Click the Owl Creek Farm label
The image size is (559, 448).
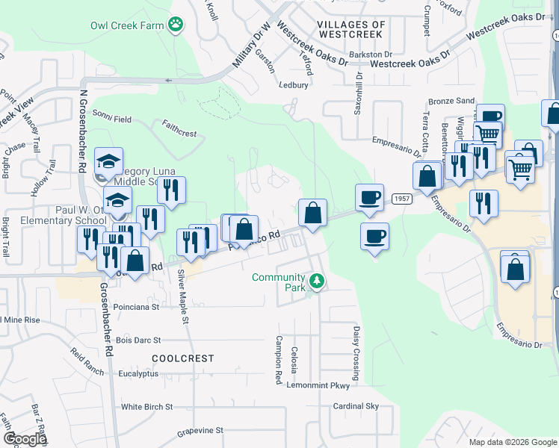[127, 25]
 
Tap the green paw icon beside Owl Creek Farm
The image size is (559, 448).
[176, 25]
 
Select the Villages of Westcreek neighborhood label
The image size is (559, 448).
[351, 29]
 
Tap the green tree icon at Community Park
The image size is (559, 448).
[318, 280]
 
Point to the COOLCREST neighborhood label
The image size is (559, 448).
[183, 358]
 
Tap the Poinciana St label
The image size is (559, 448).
[135, 306]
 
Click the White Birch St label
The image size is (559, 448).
[147, 407]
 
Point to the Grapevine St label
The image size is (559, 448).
[200, 431]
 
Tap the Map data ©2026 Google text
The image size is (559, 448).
[513, 442]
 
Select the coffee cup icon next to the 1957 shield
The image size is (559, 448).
[369, 198]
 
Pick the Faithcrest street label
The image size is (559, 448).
[179, 134]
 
